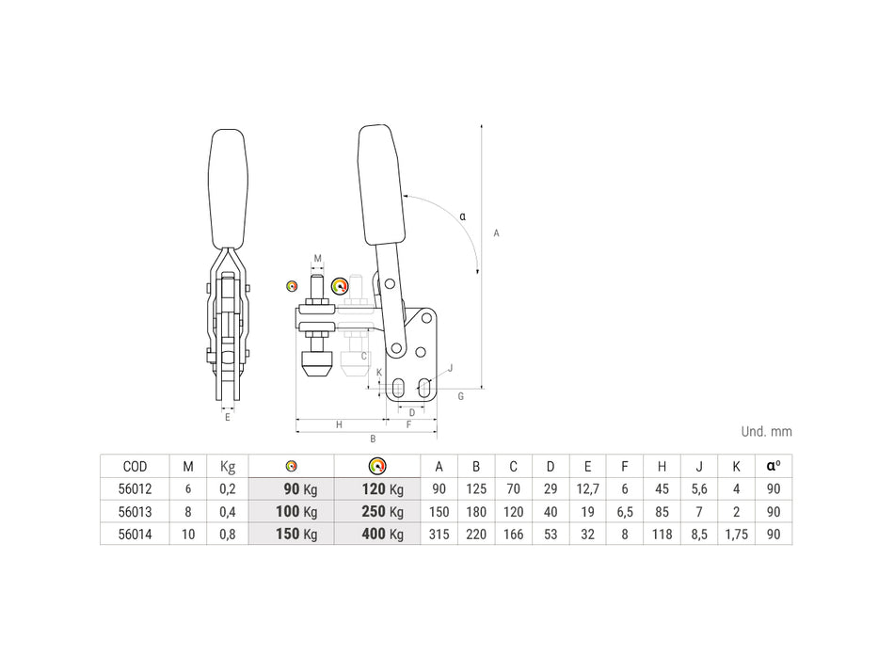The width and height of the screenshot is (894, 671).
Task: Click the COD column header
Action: (x=136, y=467)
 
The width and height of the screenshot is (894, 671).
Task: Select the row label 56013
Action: (x=136, y=512)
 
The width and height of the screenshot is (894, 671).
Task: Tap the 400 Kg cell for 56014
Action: (x=383, y=535)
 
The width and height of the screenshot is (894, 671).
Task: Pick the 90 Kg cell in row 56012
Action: (x=300, y=489)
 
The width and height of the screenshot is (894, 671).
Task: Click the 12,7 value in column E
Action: (x=587, y=489)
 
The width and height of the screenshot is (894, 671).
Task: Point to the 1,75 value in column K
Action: (x=736, y=535)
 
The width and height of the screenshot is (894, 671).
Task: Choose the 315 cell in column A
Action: (x=439, y=535)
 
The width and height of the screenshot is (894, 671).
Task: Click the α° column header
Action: (x=774, y=466)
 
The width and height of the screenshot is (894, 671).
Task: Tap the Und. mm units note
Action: (x=766, y=432)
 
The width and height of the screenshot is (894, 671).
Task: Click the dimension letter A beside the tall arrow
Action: (x=496, y=233)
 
